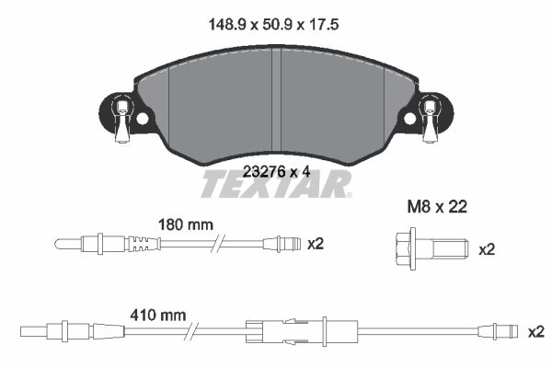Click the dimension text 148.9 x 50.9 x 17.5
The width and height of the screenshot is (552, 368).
point(273,25)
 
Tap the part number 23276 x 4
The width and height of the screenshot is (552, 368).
point(277,172)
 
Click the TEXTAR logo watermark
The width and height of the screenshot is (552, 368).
point(276,184)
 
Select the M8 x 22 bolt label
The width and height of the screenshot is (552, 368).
point(437,207)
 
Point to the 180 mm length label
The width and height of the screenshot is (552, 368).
point(186,224)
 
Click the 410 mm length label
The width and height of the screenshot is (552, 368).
point(158,316)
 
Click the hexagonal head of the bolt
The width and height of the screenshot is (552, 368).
point(404,248)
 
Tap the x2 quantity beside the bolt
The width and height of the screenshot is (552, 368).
point(487,250)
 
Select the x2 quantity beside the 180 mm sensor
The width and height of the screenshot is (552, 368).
point(315,244)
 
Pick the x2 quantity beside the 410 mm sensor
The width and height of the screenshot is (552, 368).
point(536,332)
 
